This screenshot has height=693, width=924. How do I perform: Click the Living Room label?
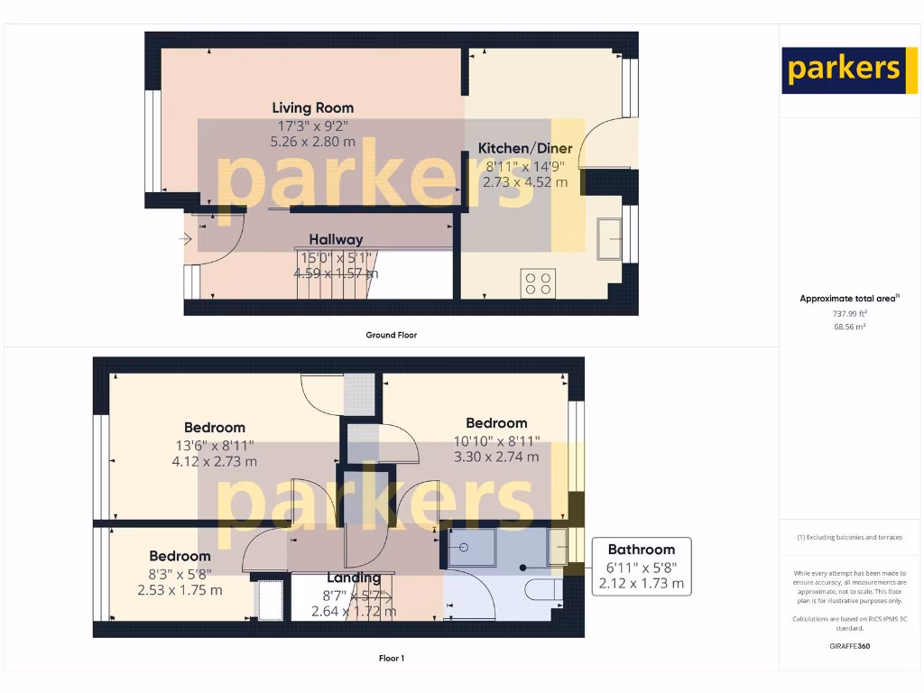pos(312,108)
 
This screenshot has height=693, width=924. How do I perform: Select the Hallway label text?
pos(336,240)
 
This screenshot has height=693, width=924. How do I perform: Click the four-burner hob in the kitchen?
pos(539,283)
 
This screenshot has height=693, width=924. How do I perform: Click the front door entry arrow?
pos(186,239)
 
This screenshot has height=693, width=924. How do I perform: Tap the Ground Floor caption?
pos(391,335)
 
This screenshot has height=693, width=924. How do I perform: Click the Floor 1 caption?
pos(391,659)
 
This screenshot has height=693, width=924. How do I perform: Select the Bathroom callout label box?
pos(641,566)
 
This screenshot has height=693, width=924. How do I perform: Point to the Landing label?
pos(353,578)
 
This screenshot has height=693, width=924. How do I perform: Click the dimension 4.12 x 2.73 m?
pos(214,461)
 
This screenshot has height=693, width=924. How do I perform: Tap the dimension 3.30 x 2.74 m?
pos(496,457)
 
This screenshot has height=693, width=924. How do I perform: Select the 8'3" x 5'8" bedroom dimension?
pos(180,573)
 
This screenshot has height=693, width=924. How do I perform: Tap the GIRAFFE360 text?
pos(849,646)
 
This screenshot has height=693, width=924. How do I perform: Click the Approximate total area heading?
pos(849,299)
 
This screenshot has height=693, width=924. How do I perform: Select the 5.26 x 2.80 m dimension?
pos(312,142)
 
